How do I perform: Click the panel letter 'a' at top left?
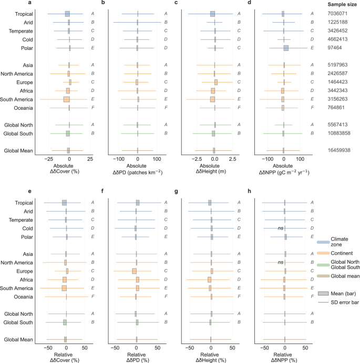click(3, 4)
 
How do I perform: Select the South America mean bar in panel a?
click(66, 99)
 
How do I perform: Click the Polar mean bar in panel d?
click(286, 48)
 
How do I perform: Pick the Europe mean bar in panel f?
click(134, 271)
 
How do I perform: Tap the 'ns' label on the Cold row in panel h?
click(281, 229)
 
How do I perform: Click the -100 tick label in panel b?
click(118, 158)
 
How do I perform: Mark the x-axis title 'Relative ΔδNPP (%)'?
click(284, 357)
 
